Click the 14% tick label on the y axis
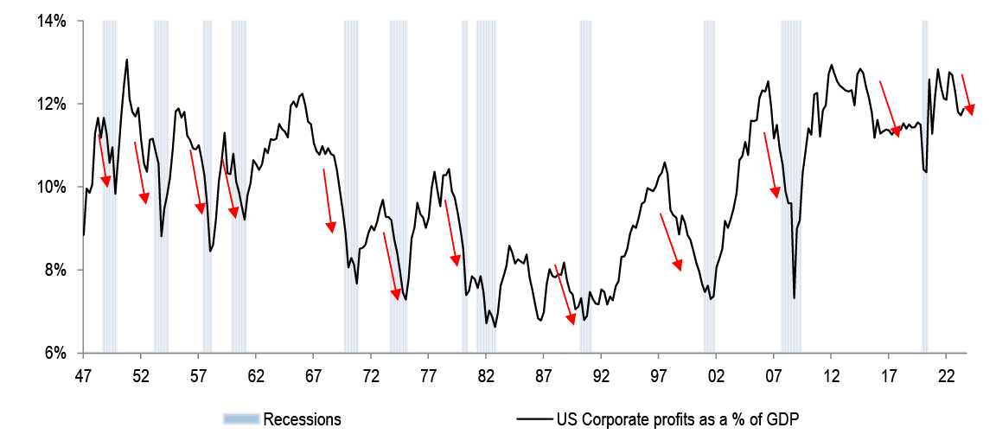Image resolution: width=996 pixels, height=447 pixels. point(51,21)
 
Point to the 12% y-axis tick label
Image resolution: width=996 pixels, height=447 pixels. point(51,104)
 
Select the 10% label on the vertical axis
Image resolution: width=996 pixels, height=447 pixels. point(51,187)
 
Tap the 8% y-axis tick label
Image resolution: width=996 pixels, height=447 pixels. point(54,270)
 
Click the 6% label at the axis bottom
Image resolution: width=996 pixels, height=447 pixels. point(54,353)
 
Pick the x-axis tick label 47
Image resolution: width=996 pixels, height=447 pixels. point(83,376)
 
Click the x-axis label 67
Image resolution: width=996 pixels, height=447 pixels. point(313,376)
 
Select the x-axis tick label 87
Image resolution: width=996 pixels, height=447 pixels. point(543,376)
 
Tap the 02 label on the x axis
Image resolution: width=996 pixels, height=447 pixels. point(716,376)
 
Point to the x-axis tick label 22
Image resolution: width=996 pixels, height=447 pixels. point(946,376)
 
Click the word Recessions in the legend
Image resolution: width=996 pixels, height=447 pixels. point(302,419)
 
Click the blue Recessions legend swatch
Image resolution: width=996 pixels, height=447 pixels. point(240,419)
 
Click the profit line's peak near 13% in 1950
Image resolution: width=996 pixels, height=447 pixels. point(127,60)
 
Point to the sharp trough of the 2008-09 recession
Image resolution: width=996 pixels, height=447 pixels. point(794,298)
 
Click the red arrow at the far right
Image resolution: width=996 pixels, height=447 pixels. point(967,95)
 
